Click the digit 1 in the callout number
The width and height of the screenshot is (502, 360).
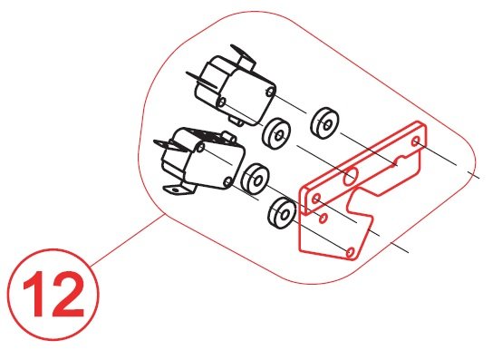coord(35,294)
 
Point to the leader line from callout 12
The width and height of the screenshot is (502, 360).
coord(128,240)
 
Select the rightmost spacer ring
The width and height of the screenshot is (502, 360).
coord(325,123)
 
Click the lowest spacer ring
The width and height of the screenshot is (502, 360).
coord(282,213)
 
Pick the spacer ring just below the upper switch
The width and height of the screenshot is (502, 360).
coord(276,134)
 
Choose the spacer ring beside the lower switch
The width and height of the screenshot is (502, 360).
coord(256,179)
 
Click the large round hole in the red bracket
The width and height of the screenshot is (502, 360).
coord(351,177)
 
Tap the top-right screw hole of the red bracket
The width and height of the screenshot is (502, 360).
coord(416,141)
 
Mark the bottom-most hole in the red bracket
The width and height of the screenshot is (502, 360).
coord(351,252)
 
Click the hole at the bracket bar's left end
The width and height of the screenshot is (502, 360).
coord(316,199)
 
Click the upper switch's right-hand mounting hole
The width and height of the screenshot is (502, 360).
coord(271,92)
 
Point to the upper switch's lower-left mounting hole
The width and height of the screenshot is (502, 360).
coord(221,102)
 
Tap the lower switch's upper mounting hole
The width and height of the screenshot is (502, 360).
coord(201,147)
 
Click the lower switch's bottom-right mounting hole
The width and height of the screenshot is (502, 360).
coord(227,182)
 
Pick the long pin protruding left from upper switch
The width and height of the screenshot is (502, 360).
coord(201,80)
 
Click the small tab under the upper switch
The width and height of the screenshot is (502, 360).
coord(237,121)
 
